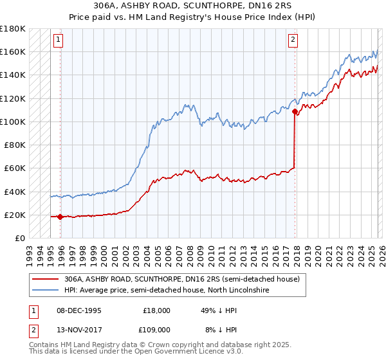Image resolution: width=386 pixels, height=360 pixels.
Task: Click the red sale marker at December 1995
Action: click(x=60, y=217)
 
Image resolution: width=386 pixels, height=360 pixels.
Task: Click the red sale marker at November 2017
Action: click(x=295, y=111)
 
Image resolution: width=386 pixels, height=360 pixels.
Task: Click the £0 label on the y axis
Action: click(x=21, y=239)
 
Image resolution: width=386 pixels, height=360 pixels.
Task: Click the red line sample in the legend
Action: click(x=45, y=280)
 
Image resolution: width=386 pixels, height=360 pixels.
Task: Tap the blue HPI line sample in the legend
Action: click(x=45, y=291)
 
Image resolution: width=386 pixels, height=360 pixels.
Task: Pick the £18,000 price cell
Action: click(x=157, y=310)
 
